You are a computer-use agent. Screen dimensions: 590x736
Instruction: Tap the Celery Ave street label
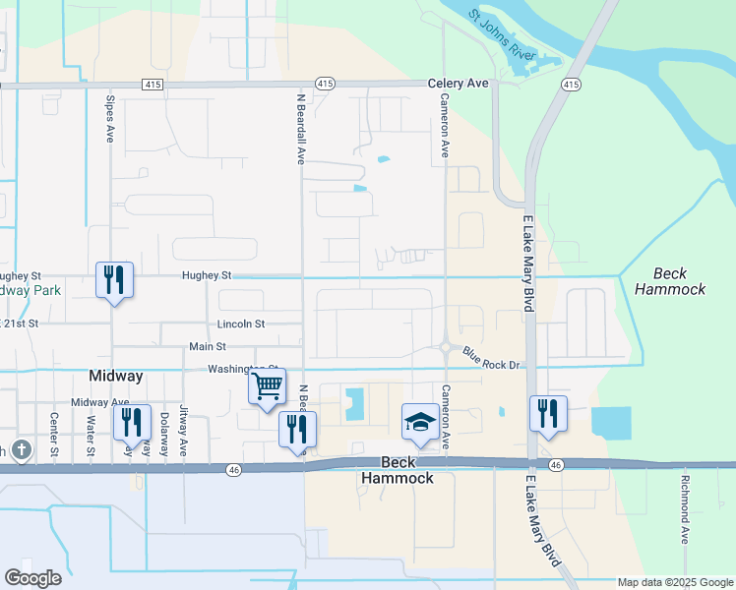458,85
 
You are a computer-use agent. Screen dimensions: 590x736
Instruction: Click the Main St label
208,346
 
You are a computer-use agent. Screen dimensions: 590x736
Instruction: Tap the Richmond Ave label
684,509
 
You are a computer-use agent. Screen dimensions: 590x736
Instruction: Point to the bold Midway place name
116,376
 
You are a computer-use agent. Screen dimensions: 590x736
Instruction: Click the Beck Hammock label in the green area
670,281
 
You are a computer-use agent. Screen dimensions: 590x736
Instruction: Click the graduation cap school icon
420,421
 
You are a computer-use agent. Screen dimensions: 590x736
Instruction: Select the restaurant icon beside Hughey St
114,280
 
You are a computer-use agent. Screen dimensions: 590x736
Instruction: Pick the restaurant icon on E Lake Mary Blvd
547,413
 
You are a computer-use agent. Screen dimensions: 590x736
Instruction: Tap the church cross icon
24,449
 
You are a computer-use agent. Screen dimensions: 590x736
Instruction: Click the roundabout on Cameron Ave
446,346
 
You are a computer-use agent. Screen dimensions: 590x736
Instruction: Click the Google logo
33,577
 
